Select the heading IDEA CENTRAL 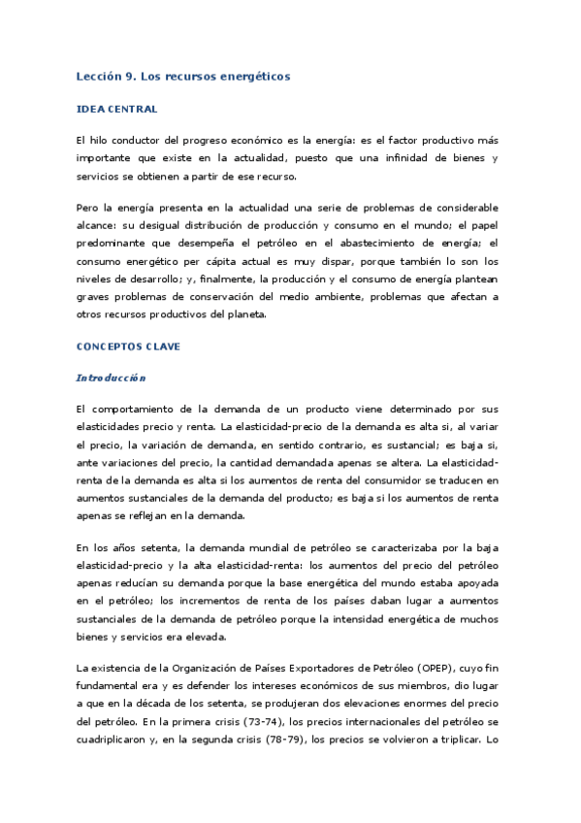point(116,109)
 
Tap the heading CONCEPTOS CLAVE point(128,346)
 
